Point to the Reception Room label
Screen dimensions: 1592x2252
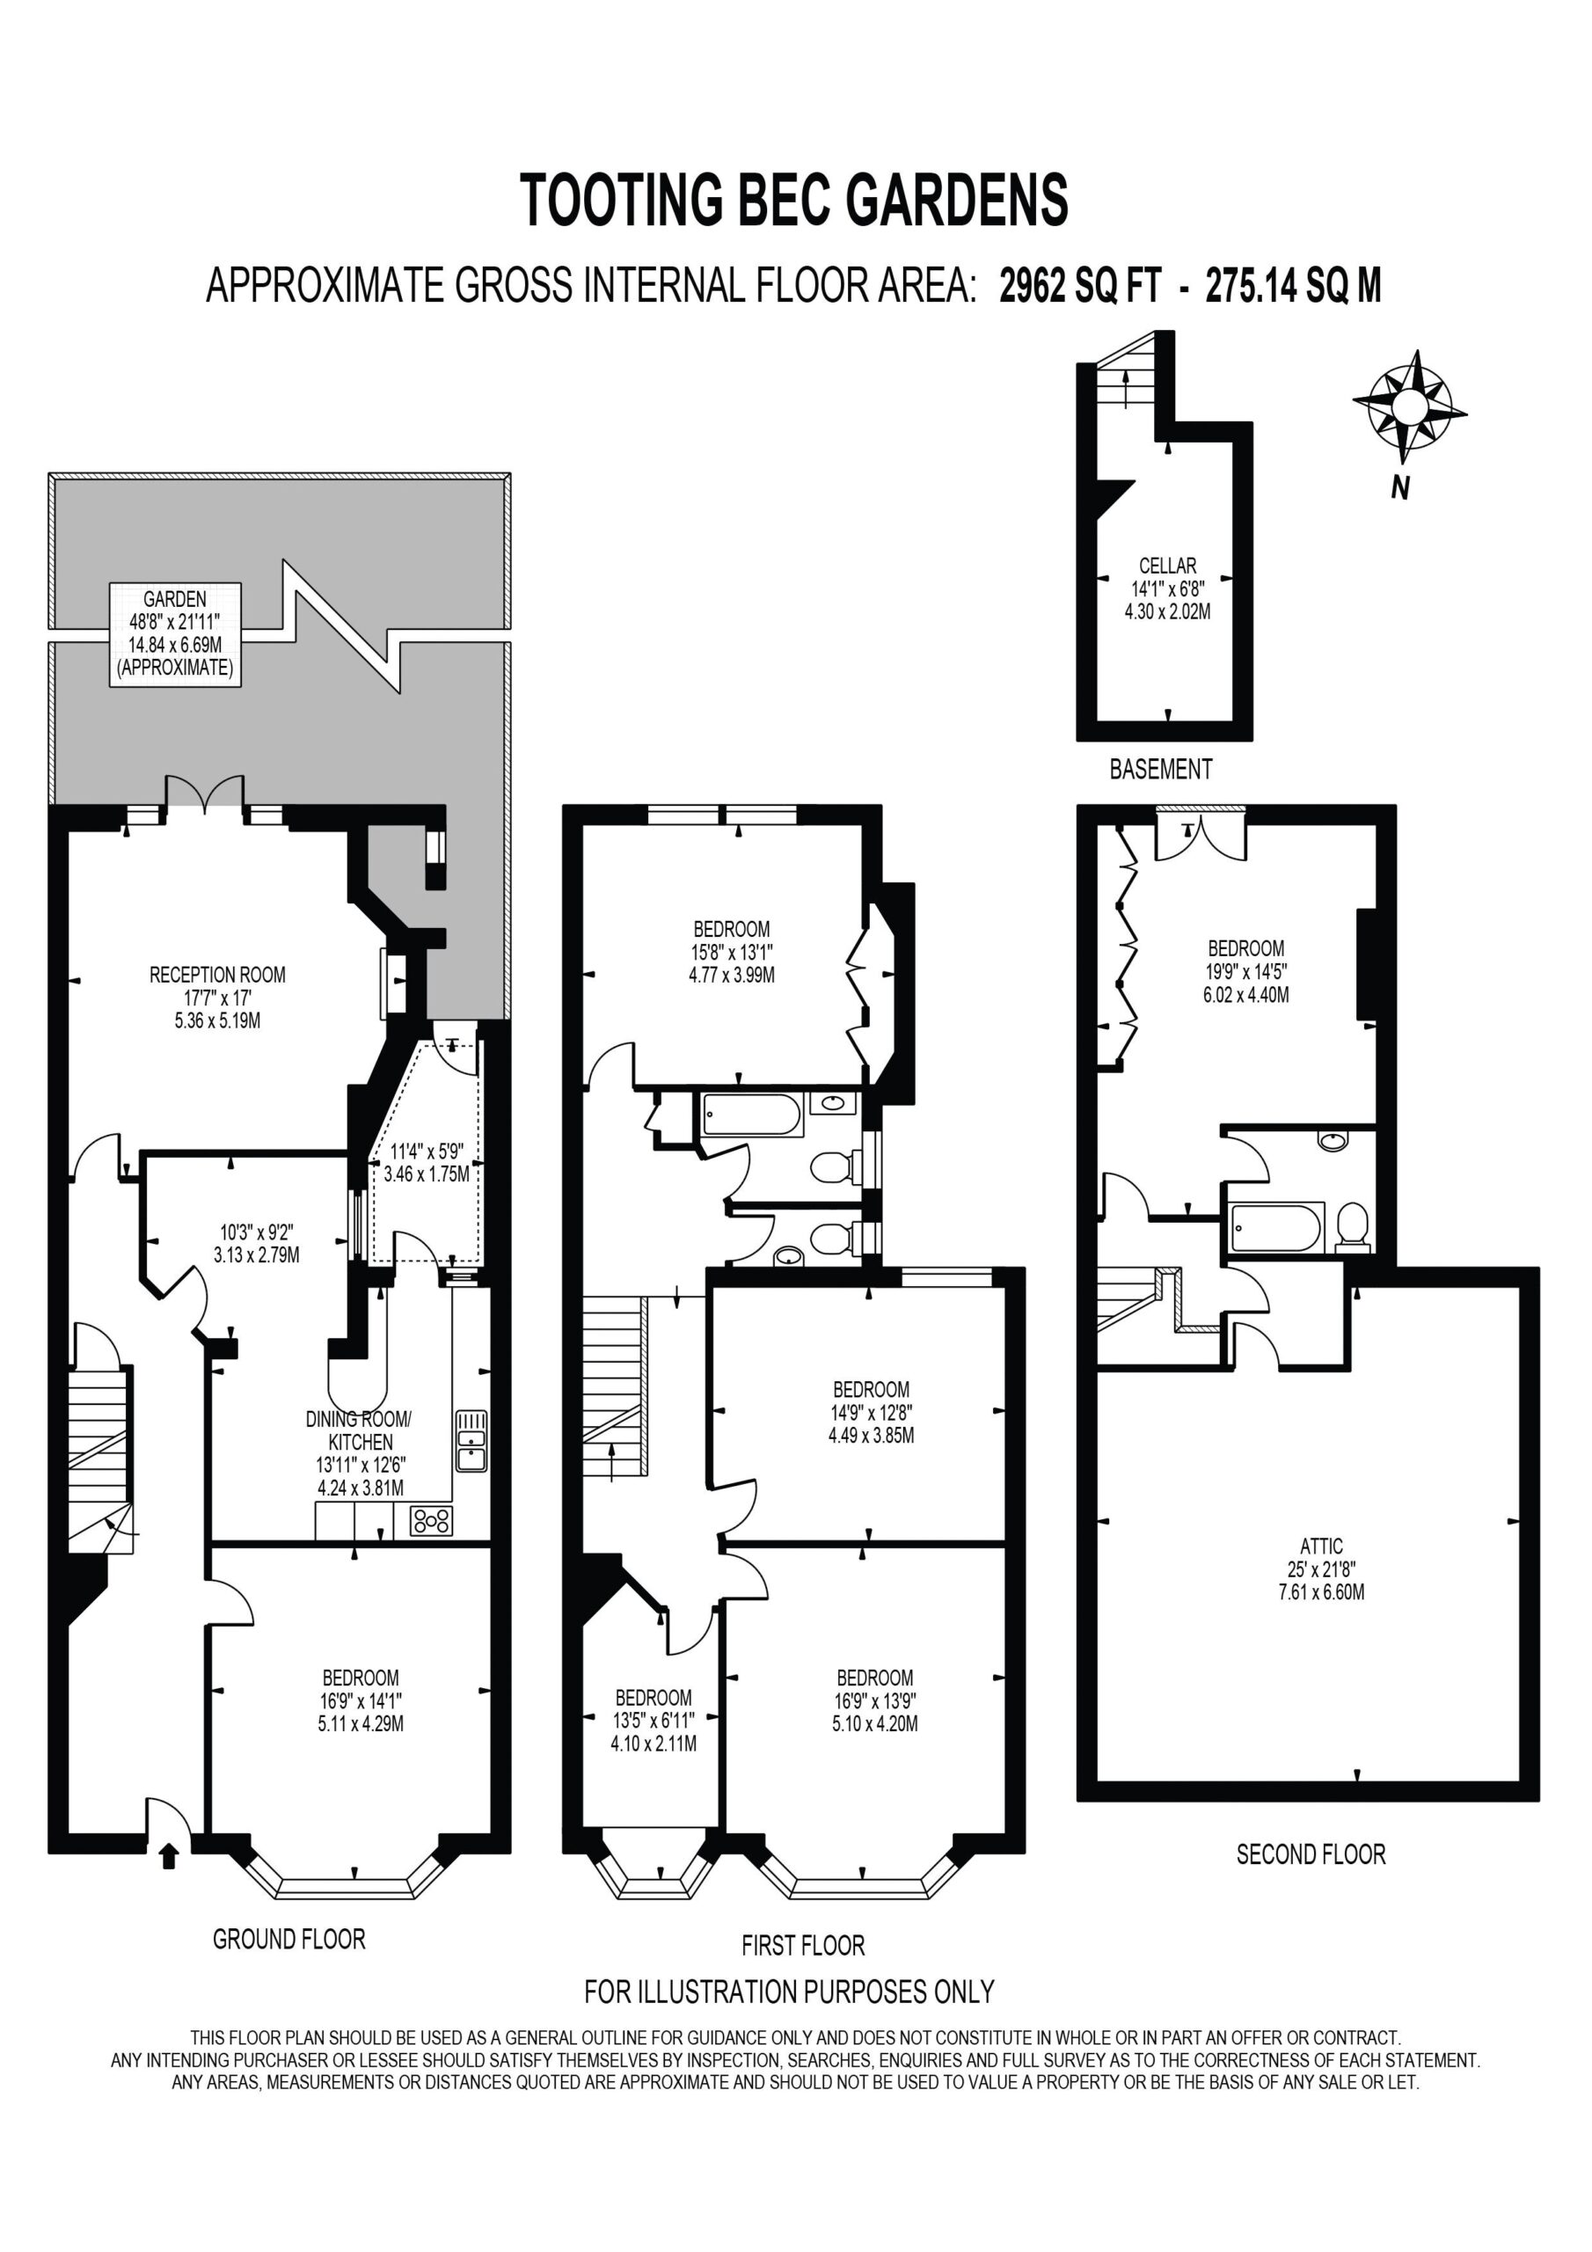pos(218,998)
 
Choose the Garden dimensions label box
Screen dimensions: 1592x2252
pos(176,633)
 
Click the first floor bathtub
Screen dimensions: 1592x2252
pos(753,1115)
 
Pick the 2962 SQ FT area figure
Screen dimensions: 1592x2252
pos(1080,287)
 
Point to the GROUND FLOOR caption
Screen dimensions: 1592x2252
pos(289,1938)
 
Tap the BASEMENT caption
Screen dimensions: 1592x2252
pos(1161,768)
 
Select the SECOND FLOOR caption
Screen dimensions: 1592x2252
pos(1311,1854)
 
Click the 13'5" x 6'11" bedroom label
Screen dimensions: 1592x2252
pos(654,1721)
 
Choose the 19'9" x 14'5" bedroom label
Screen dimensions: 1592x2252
pos(1245,971)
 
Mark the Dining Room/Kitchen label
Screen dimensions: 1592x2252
pos(360,1452)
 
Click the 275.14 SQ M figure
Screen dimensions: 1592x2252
pos(1294,287)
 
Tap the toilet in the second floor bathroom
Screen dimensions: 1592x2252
pos(1354,1227)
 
